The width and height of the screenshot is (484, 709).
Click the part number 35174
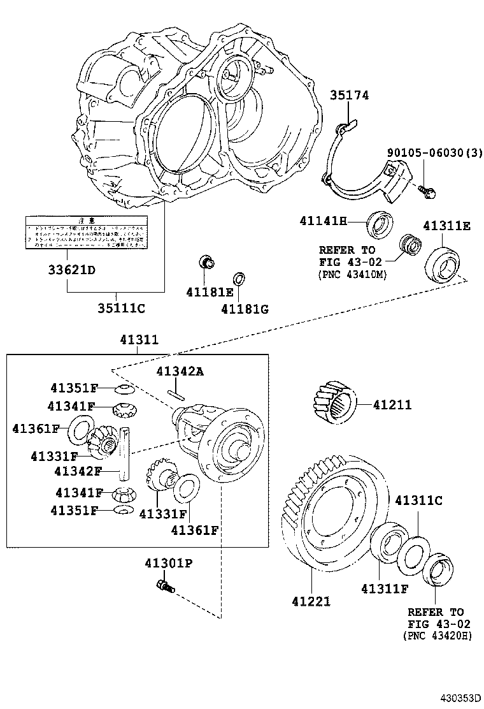pos(349,95)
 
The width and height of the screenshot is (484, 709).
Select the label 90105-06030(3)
pos(435,153)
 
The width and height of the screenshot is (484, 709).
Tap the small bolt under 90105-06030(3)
pos(424,189)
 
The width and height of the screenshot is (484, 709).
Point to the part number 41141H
pos(324,221)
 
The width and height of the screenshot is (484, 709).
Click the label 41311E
pos(446,226)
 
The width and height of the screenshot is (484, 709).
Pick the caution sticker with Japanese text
pos(85,231)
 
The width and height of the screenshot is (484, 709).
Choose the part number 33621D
pos(71,270)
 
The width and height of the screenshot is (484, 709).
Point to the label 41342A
pos(180,372)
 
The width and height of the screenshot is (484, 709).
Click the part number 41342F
pos(78,472)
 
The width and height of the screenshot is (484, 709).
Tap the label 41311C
pos(418,501)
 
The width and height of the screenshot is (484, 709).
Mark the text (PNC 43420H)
pos(437,635)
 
